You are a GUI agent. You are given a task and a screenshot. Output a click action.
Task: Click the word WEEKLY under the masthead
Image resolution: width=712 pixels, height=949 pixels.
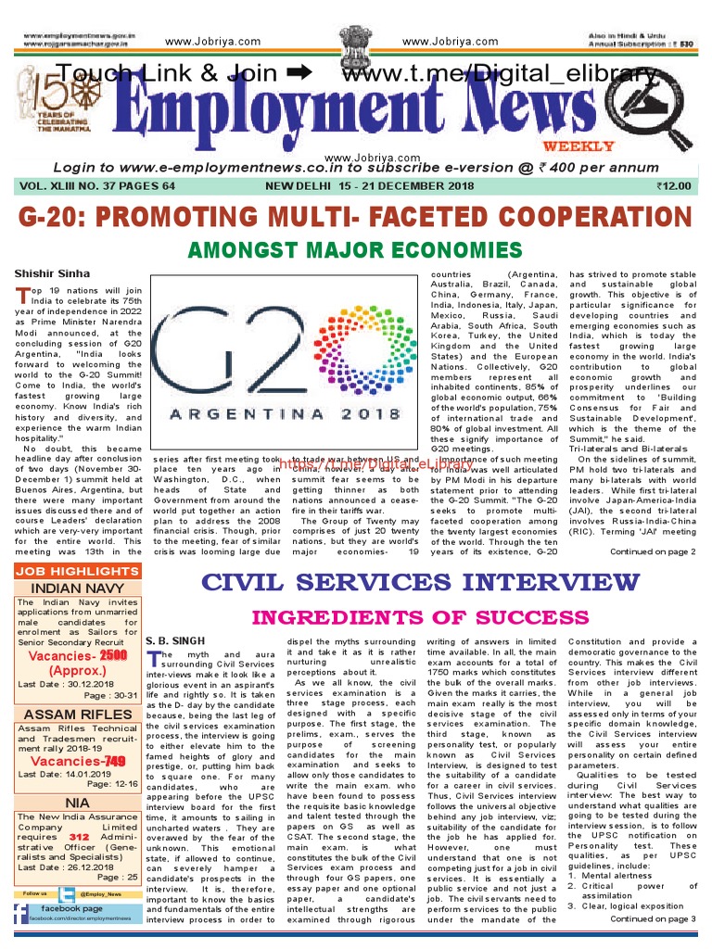pos(591,146)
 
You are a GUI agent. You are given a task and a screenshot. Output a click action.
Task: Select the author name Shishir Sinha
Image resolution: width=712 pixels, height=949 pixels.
pos(52,273)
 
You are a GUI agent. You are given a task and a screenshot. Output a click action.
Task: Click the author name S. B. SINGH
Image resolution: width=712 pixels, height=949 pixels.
pos(175,639)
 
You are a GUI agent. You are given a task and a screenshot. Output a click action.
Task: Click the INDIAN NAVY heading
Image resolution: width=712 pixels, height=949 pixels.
pos(77,588)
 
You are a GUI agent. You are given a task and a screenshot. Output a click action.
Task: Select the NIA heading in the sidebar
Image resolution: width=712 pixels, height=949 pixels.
pos(77,803)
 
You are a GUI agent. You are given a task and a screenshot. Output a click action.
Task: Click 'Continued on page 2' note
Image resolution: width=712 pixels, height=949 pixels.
pos(652,552)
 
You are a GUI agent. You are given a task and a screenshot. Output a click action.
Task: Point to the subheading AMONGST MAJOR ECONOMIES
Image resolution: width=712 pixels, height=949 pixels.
pos(355,250)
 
